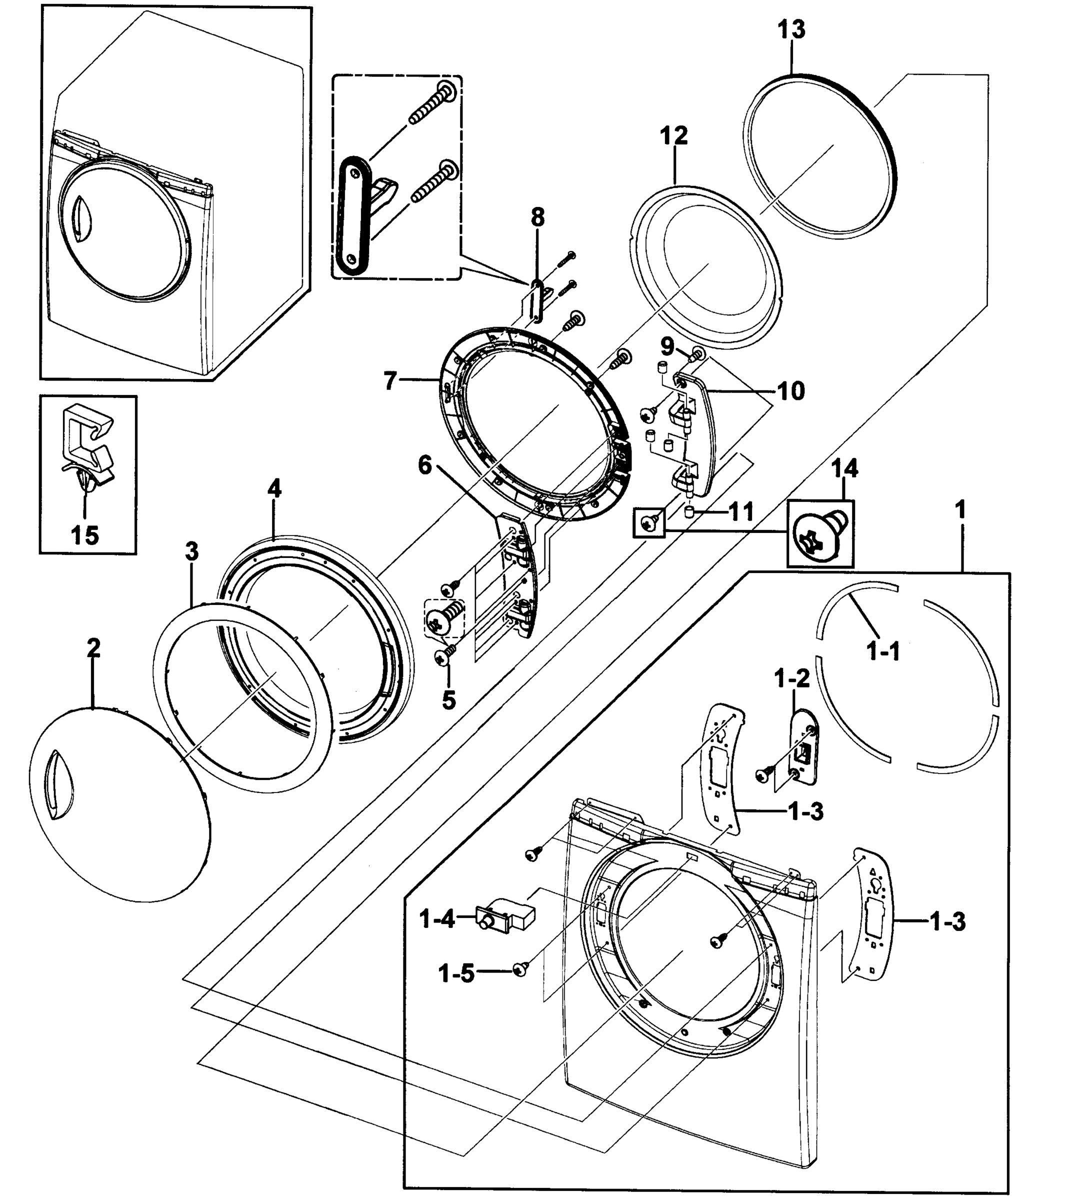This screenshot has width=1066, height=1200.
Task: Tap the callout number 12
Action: [x=673, y=135]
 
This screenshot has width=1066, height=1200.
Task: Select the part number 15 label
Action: [x=84, y=535]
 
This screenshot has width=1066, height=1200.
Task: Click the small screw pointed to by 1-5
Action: [x=519, y=969]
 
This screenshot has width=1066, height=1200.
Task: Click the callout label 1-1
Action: [x=883, y=651]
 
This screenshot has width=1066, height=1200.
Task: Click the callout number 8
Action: [x=537, y=218]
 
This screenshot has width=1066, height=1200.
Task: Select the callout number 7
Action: [x=391, y=381]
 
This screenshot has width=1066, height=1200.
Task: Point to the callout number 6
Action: [x=425, y=465]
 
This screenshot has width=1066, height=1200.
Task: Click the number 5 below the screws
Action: [x=448, y=700]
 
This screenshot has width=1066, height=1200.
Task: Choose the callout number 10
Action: [x=790, y=391]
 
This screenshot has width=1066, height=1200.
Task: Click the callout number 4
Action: [x=274, y=489]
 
